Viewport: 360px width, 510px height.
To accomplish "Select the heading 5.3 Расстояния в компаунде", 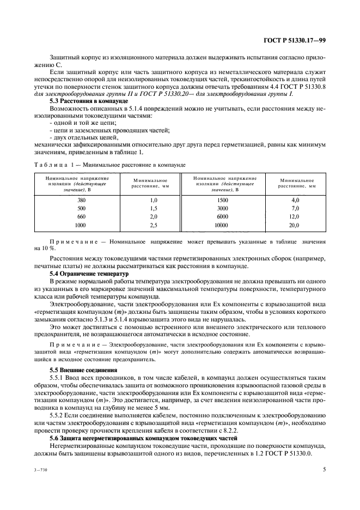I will tap(89, 101).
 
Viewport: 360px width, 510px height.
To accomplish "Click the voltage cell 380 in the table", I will tap(66, 201).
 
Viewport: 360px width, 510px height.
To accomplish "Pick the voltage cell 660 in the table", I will tap(66, 216).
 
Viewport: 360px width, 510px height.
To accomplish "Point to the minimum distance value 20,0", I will tap(295, 224).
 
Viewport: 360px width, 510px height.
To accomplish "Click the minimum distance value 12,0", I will tap(295, 216).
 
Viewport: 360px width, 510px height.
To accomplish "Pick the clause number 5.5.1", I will tap(58, 378).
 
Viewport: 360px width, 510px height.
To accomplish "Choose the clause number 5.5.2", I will tap(58, 415).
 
